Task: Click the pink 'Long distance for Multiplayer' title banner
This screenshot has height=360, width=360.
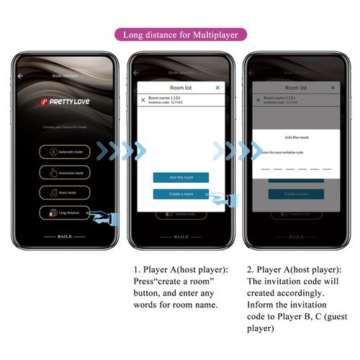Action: (x=180, y=34)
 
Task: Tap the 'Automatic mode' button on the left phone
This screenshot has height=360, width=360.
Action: (x=64, y=152)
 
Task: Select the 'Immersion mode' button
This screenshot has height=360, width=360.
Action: (x=64, y=173)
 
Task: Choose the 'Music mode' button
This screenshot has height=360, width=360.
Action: (x=64, y=193)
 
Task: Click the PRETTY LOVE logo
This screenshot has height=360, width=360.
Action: (x=64, y=102)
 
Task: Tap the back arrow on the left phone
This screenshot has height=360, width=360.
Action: (x=21, y=75)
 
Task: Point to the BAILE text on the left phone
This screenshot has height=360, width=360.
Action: (x=65, y=236)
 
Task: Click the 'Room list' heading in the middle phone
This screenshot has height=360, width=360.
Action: (x=182, y=87)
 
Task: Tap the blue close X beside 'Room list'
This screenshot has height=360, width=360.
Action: (x=218, y=87)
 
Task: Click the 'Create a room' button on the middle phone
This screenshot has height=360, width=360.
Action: (x=181, y=194)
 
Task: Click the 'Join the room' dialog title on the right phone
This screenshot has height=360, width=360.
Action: (x=296, y=137)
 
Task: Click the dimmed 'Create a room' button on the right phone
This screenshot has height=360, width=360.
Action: (x=296, y=194)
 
